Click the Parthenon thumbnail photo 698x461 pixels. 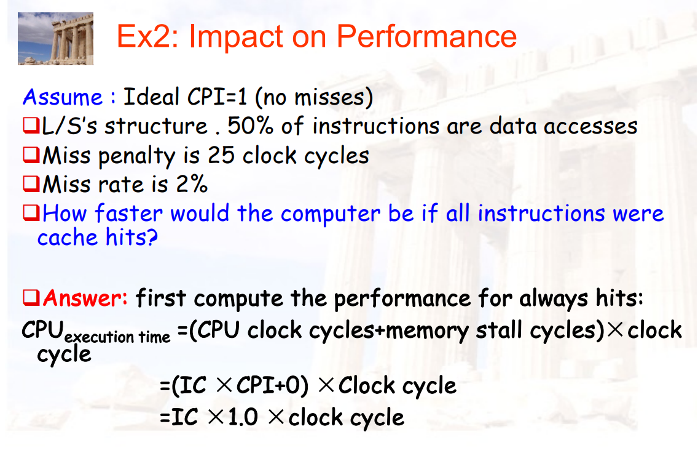[56, 39]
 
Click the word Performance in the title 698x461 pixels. [426, 36]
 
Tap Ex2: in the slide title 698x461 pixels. [147, 36]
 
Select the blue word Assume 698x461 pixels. [63, 97]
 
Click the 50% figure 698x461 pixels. [250, 126]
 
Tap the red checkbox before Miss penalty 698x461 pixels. [31, 154]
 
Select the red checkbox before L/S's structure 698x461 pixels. [31, 126]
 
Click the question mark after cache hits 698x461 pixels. [152, 237]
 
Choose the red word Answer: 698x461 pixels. [85, 297]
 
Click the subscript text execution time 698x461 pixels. [117, 337]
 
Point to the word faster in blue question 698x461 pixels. [128, 213]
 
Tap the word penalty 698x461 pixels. [136, 156]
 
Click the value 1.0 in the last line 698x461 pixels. [243, 417]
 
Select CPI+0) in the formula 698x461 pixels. [272, 385]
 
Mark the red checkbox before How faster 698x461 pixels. [31, 212]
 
